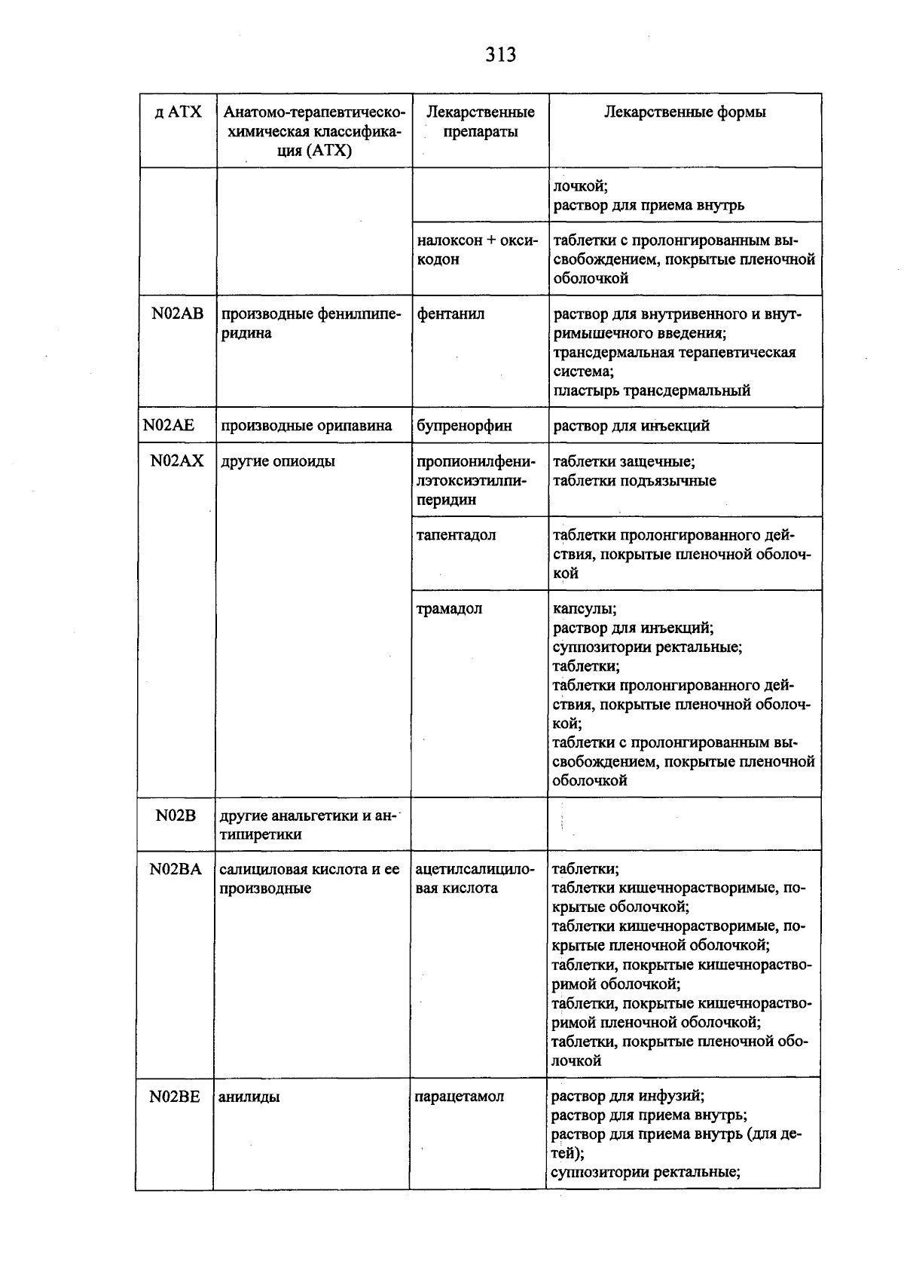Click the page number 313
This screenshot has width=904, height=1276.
tap(500, 55)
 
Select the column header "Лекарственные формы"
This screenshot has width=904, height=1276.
tap(685, 112)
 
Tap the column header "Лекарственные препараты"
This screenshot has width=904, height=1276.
tap(481, 122)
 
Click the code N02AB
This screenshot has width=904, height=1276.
tap(178, 314)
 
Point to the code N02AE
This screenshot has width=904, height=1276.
tap(169, 426)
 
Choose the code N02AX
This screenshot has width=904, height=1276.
tap(177, 461)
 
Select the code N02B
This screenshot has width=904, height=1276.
tap(176, 815)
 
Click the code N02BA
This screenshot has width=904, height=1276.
tap(176, 869)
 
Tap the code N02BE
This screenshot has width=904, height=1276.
tap(175, 1097)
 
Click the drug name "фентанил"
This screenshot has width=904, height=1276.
tap(450, 314)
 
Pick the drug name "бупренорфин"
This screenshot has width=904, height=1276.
tap(464, 426)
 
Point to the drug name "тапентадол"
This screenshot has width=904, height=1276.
tap(456, 535)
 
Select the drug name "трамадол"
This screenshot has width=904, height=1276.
tap(449, 609)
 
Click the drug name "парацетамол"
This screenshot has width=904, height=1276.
tap(460, 1097)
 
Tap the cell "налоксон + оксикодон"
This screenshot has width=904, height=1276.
tap(478, 249)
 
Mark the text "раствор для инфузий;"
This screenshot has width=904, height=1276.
tap(628, 1096)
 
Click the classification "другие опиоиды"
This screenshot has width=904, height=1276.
tap(278, 461)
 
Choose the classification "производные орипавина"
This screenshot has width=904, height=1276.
tap(307, 426)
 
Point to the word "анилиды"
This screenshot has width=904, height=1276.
tap(249, 1097)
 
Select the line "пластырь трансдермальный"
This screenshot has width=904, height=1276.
tap(652, 390)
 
